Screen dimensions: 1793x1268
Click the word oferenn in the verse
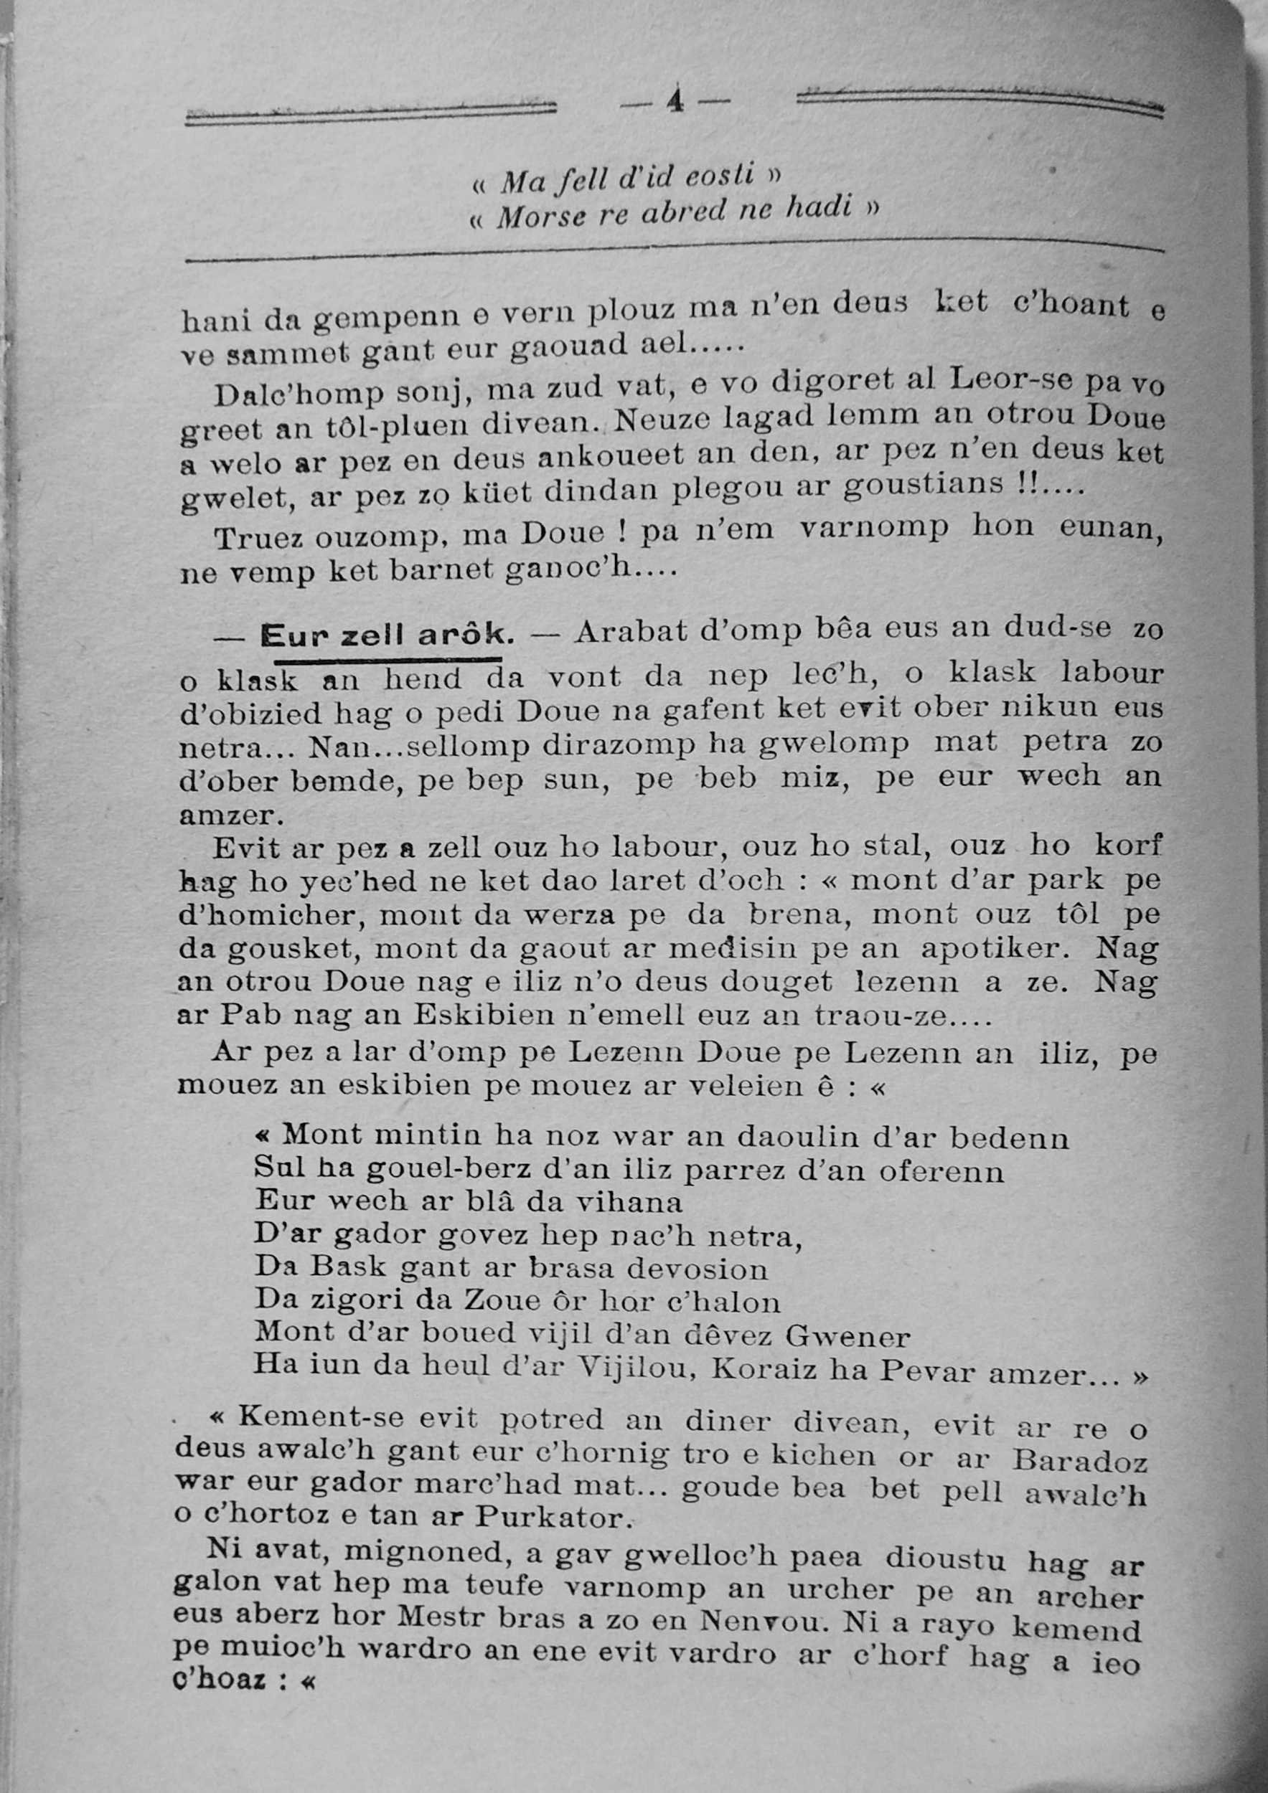[941, 1172]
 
